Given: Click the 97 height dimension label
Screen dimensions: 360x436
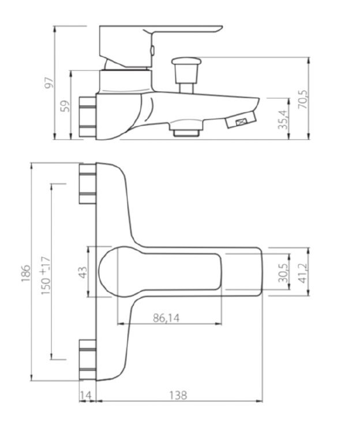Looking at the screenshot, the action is [x=49, y=82].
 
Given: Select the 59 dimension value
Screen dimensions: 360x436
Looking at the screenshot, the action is [x=66, y=106].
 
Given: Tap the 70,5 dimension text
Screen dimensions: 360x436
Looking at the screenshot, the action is [x=303, y=99].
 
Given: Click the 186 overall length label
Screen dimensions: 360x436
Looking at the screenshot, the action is [x=25, y=273].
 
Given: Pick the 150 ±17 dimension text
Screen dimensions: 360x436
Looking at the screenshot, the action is [x=46, y=276].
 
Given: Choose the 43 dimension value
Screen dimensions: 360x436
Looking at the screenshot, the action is [x=82, y=272].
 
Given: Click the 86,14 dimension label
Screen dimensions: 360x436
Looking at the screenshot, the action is [x=166, y=318].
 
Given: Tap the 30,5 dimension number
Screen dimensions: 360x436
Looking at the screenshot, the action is [x=283, y=273].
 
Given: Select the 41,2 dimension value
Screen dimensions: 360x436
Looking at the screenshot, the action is [x=303, y=273].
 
